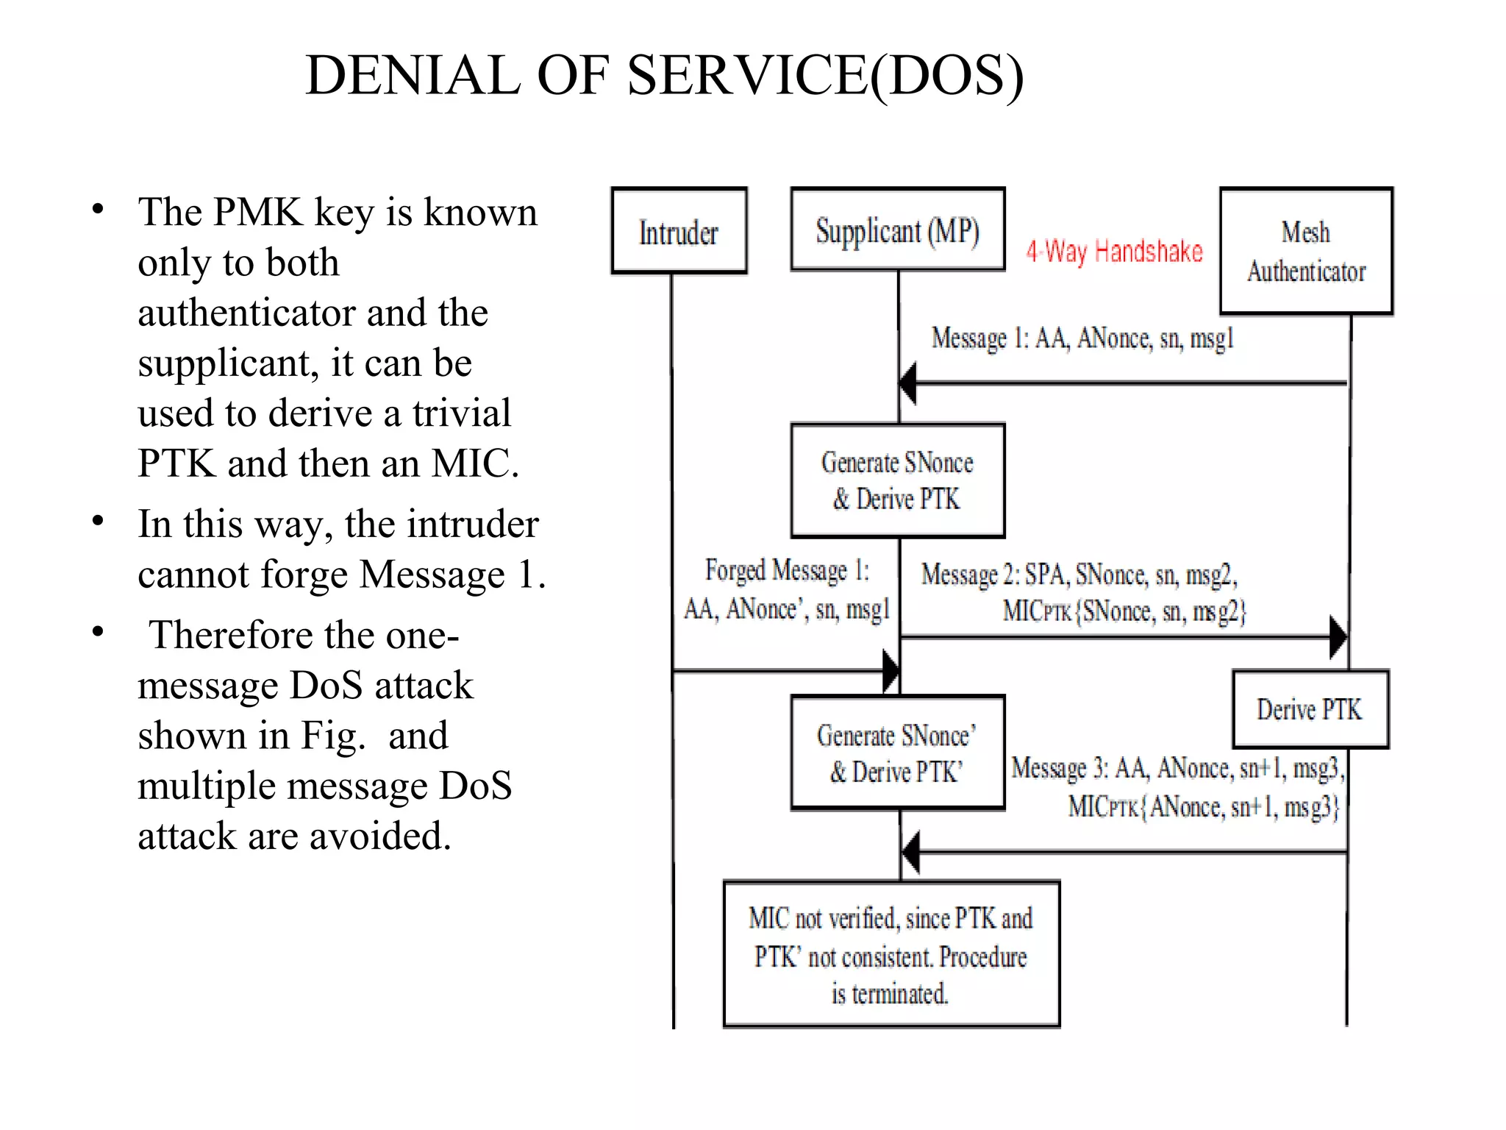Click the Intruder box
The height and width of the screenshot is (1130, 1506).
coord(679,232)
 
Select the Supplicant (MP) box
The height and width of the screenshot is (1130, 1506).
coord(897,230)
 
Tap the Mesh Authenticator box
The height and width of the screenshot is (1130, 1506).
coord(1306,252)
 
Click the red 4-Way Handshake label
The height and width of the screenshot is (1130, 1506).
coord(1114,252)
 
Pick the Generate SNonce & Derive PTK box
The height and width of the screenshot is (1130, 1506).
coord(897,481)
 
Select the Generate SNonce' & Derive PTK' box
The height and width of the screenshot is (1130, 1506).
coord(897,753)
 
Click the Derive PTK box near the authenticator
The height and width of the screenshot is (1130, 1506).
coord(1310,709)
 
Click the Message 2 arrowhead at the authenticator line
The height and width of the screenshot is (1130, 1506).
coord(1338,637)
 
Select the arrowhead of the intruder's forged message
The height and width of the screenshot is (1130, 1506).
coord(891,671)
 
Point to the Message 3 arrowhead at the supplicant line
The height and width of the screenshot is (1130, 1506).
coord(911,853)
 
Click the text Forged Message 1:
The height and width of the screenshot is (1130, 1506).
coord(786,571)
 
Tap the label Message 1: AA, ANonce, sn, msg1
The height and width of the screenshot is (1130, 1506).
coord(1082,338)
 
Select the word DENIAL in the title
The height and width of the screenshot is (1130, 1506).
coord(413,76)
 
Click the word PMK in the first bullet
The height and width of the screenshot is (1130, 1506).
coord(257,213)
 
